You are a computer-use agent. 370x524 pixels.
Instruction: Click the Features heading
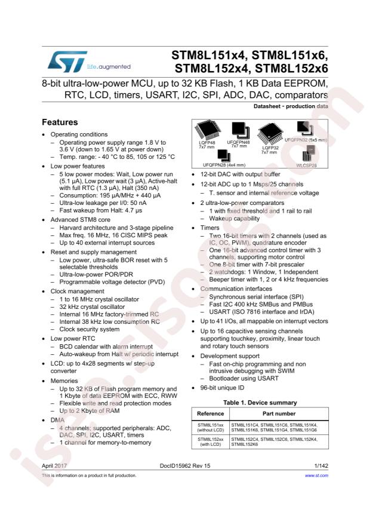coord(60,122)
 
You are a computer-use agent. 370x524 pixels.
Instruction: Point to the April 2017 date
coord(55,464)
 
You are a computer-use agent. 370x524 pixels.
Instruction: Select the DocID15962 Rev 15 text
coord(184,464)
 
